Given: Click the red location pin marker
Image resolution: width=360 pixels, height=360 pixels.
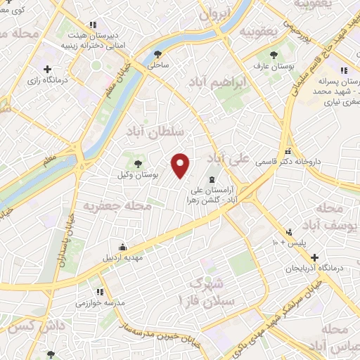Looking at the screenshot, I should (181, 165).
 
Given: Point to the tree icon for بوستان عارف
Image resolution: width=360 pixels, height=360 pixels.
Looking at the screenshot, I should (273, 55).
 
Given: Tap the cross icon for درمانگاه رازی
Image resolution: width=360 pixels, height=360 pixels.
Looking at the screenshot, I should (47, 69).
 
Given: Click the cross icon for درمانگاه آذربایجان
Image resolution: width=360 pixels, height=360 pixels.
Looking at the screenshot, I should (315, 257).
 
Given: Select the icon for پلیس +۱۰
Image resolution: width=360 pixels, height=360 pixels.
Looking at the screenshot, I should (289, 232).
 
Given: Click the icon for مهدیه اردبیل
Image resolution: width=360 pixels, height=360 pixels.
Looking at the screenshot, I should (123, 247).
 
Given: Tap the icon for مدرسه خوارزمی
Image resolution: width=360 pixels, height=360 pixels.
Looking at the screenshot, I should (99, 292).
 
